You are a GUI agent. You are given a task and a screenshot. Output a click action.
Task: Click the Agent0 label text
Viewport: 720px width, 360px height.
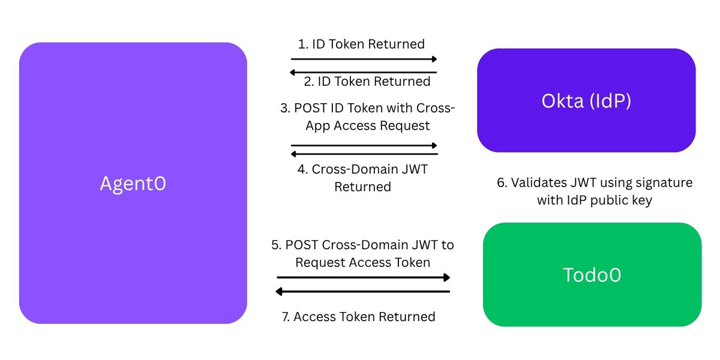click(133, 184)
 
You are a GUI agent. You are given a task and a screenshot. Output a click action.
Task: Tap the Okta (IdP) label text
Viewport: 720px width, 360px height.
click(586, 101)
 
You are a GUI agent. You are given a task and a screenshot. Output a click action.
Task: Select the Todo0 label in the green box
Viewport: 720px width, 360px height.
click(592, 275)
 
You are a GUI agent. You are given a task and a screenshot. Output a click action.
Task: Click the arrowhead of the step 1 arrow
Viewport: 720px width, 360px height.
click(434, 59)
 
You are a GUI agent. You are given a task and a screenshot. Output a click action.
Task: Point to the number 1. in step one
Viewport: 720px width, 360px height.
click(303, 44)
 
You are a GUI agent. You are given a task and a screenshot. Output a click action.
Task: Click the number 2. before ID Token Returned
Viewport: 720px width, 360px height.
click(309, 82)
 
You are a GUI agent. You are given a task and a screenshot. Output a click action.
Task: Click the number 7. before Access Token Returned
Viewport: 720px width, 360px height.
click(286, 317)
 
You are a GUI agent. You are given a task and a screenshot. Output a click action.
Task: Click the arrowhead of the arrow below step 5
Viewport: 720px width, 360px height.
click(446, 277)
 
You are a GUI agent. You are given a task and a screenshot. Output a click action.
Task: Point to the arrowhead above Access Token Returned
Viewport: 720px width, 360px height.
click(279, 292)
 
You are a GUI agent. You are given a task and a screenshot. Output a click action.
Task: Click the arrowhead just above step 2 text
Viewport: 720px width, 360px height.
click(293, 73)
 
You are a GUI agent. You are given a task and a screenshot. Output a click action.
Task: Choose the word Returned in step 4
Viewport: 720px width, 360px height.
click(362, 187)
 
